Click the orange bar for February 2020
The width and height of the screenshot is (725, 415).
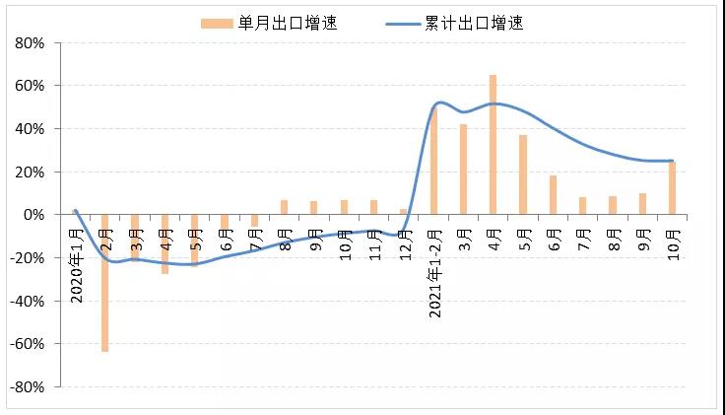105,283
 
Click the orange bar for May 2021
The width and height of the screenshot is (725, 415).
523,174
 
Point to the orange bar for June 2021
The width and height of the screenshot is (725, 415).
553,195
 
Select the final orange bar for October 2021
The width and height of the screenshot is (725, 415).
672,188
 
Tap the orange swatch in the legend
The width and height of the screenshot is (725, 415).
217,23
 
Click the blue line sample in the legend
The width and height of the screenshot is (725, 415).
399,23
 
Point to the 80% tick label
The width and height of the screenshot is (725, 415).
30,43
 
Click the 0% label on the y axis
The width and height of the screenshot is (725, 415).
33,215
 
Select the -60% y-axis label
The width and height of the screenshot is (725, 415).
27,344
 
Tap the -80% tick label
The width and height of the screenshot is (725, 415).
27,387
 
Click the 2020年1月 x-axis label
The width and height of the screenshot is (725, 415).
77,261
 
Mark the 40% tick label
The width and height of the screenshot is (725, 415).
30,129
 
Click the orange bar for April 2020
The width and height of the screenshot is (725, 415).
165,243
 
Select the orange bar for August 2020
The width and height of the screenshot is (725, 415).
284,207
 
